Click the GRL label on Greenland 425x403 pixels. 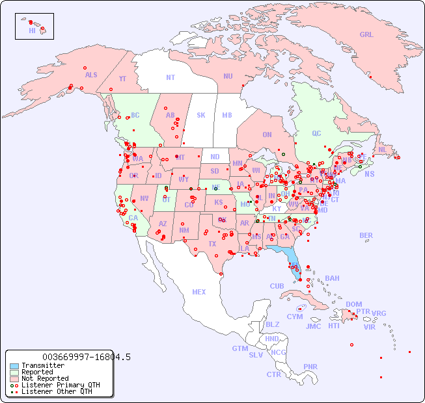366,35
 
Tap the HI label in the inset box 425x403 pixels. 32,31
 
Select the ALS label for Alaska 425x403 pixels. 91,75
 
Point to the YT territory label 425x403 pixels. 122,79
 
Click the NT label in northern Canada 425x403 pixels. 171,77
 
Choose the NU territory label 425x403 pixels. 228,76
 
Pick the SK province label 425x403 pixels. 201,116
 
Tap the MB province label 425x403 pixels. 227,116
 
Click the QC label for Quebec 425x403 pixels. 316,134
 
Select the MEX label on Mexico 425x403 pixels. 199,292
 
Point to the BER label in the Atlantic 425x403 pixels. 366,235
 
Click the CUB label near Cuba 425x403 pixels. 277,286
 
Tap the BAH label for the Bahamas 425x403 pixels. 332,278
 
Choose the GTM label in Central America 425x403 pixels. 240,348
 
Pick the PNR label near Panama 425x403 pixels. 310,367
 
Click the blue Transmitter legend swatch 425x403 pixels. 14,366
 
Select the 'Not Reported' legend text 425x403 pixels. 45,378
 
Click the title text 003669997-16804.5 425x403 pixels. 86,357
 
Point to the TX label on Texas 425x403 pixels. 212,244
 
